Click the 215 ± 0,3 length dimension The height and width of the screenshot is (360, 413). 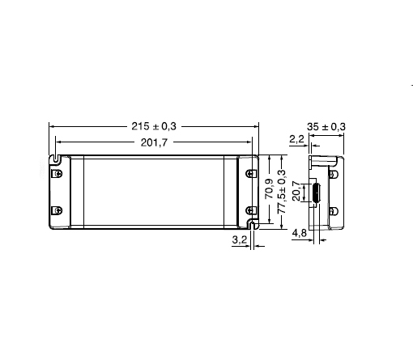coord(154,126)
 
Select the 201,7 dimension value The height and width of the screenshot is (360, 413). coord(154,142)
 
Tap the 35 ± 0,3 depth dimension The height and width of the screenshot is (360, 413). coord(326,126)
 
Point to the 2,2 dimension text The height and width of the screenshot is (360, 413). coord(296,139)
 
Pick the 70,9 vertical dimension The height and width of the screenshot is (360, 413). coord(269,188)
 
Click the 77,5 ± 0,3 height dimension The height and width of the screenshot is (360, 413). coord(282,192)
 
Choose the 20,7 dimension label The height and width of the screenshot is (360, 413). coord(296,191)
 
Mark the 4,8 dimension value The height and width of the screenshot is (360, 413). coord(300,233)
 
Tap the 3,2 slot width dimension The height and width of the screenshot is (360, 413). coord(240,239)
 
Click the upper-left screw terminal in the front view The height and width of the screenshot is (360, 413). coord(57,173)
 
